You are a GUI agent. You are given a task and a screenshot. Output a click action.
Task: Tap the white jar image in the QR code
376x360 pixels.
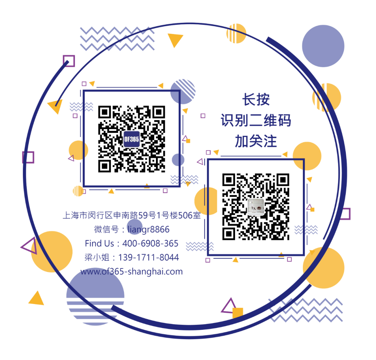[x=256, y=207]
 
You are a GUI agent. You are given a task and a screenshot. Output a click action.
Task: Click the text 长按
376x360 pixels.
[x=256, y=100]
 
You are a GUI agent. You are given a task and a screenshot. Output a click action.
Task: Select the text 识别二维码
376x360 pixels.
[x=256, y=120]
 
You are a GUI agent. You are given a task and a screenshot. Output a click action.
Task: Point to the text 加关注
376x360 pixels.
[x=256, y=141]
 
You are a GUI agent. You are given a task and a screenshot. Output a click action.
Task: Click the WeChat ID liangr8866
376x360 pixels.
[x=148, y=229]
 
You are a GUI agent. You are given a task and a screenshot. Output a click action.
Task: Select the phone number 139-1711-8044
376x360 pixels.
[x=148, y=257]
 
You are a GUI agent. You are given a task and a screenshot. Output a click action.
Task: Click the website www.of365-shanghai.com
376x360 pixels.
[x=131, y=272]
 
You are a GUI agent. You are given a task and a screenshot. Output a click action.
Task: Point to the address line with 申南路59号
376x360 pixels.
[x=131, y=216]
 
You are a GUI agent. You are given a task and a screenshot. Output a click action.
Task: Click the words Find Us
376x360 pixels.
[x=99, y=243]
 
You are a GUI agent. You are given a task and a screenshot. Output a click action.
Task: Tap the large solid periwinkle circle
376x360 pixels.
[x=323, y=46]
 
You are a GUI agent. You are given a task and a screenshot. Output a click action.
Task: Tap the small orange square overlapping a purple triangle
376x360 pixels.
[x=238, y=312]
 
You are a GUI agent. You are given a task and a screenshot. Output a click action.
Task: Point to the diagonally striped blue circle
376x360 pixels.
[x=183, y=91]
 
